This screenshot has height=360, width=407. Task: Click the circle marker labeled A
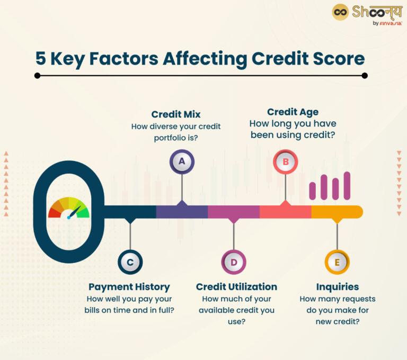click(182, 161)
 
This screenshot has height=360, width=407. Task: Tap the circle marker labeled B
click(285, 161)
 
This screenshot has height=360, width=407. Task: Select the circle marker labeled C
click(130, 262)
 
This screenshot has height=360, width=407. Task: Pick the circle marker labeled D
click(234, 262)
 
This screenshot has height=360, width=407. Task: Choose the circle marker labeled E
click(337, 262)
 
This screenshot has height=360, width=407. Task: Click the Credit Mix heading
click(175, 114)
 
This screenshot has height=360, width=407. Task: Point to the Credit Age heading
click(293, 112)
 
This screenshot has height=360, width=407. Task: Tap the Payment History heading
click(129, 287)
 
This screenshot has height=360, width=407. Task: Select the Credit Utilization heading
click(236, 286)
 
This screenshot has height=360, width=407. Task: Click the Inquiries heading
click(337, 286)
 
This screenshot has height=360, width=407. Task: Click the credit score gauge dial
click(69, 209)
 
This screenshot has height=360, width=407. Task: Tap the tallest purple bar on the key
click(347, 185)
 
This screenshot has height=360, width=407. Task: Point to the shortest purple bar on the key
click(313, 191)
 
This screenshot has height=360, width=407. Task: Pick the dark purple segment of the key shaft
click(182, 212)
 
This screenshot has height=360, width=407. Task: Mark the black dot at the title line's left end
click(37, 76)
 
